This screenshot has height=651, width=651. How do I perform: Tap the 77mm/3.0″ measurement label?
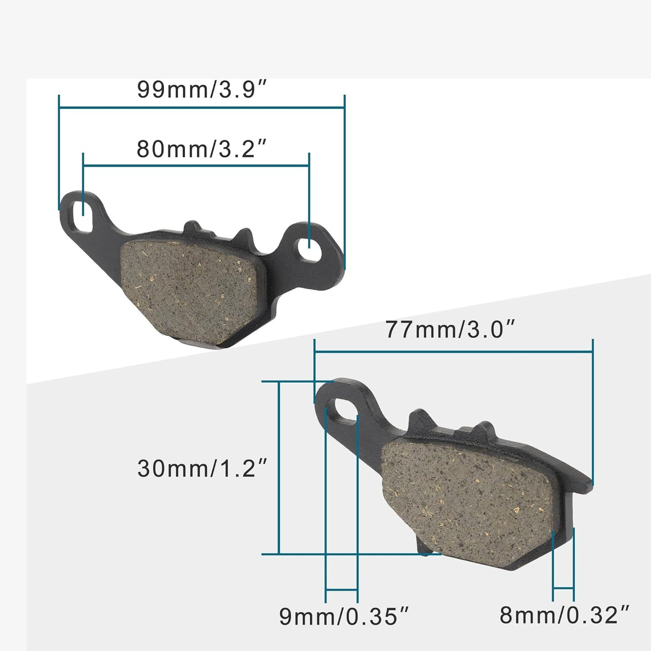click(x=450, y=329)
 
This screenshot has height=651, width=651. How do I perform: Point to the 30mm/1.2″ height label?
click(x=202, y=469)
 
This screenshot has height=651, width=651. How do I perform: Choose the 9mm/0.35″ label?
click(x=344, y=616)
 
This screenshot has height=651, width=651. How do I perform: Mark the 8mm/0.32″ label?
click(x=565, y=615)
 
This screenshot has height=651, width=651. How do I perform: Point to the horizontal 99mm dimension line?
click(x=201, y=108)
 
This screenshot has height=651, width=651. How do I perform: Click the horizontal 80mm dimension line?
click(x=196, y=165)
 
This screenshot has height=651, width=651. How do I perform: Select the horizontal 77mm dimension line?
click(x=453, y=352)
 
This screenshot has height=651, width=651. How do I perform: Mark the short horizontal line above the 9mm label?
click(x=341, y=589)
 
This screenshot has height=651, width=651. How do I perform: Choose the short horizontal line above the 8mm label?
click(x=563, y=587)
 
